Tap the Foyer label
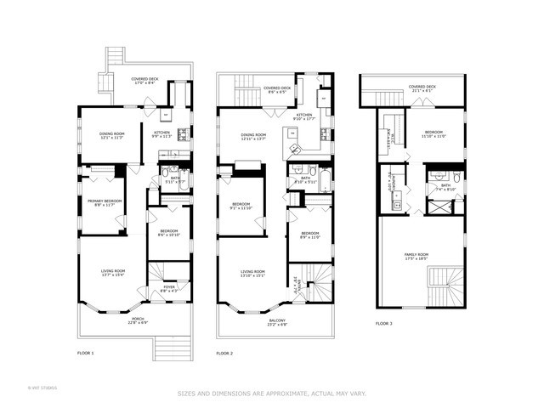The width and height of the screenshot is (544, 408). click(170, 287)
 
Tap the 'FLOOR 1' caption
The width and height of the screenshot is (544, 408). click(85, 352)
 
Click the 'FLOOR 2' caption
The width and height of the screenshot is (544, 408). click(224, 352)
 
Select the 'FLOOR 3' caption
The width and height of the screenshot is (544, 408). click(384, 323)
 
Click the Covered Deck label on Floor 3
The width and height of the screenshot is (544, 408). click(422, 86)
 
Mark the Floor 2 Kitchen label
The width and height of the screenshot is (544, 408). click(303, 115)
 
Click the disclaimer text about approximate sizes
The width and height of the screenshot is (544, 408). click(271, 393)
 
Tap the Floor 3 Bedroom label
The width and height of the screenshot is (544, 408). click(433, 132)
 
